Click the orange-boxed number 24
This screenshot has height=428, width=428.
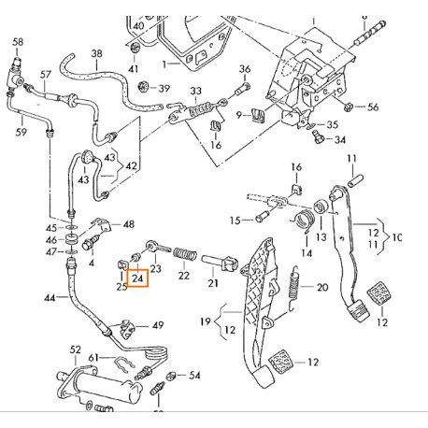(138, 278)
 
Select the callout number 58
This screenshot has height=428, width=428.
(17, 42)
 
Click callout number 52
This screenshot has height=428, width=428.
(75, 350)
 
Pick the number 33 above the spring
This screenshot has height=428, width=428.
(196, 91)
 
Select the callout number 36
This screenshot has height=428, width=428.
(245, 69)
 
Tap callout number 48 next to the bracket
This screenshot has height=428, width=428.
(129, 224)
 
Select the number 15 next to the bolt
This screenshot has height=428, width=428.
(237, 221)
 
